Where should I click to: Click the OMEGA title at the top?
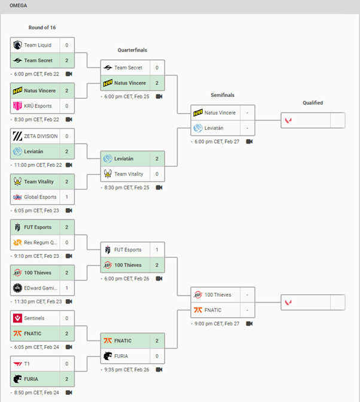tap(19, 5)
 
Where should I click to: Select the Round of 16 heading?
tap(42, 28)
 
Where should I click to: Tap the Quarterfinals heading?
tap(132, 50)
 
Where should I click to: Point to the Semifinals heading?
tap(222, 95)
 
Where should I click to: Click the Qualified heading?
tap(312, 103)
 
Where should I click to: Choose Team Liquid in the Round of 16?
tap(37, 45)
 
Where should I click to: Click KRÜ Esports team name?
tap(38, 106)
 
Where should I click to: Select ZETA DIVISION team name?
tap(41, 136)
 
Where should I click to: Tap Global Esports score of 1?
tap(66, 197)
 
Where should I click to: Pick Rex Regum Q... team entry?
tap(40, 243)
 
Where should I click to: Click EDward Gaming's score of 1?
tap(66, 288)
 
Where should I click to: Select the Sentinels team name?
tap(34, 318)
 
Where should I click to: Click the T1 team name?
tap(28, 364)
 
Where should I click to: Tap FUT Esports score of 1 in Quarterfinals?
tap(157, 250)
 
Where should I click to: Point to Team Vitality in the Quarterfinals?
tap(129, 174)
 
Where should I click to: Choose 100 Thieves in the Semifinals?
tap(218, 295)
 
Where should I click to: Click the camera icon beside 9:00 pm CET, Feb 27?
tap(249, 324)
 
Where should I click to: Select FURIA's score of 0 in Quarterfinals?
tap(157, 356)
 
